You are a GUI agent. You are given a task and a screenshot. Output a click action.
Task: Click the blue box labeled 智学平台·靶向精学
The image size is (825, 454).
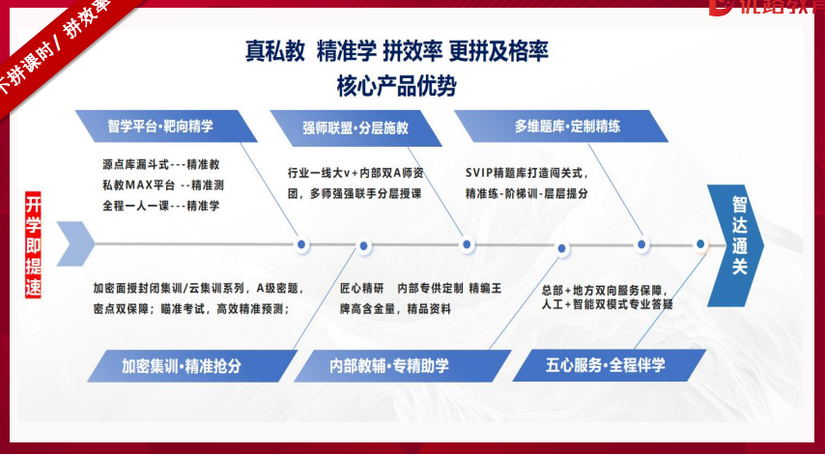(160, 127)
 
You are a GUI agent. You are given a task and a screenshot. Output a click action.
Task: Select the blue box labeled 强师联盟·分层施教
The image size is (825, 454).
(356, 127)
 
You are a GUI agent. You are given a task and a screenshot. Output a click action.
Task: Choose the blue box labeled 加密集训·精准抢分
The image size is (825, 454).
(181, 366)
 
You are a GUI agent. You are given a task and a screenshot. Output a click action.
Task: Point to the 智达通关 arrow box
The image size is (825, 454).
(738, 237)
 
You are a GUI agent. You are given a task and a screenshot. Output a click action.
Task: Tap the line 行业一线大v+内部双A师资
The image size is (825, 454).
(356, 173)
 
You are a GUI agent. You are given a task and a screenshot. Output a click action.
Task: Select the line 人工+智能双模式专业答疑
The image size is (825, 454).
(607, 304)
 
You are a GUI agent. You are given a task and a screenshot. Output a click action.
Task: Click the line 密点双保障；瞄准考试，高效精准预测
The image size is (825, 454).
(190, 308)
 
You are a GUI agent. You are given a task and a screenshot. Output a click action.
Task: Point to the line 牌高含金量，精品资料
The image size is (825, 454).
(395, 308)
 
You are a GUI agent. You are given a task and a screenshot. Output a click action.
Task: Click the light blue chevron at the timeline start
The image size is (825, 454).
(75, 243)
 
